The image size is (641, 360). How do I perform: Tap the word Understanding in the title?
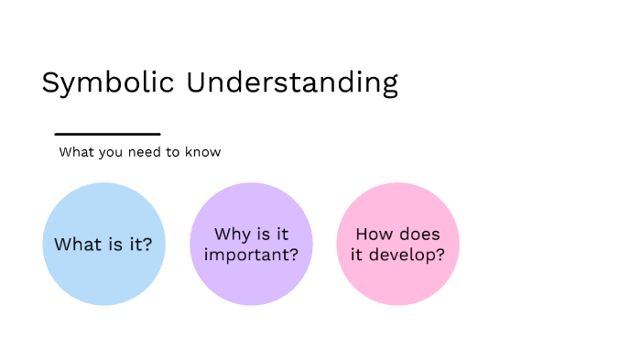[292, 82]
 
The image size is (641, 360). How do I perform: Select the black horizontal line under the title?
[107, 135]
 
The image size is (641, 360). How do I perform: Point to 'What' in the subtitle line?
[76, 152]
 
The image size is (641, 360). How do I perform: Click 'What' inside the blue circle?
[75, 245]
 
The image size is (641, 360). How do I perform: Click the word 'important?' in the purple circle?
[251, 255]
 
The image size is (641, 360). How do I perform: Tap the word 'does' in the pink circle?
[419, 235]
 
